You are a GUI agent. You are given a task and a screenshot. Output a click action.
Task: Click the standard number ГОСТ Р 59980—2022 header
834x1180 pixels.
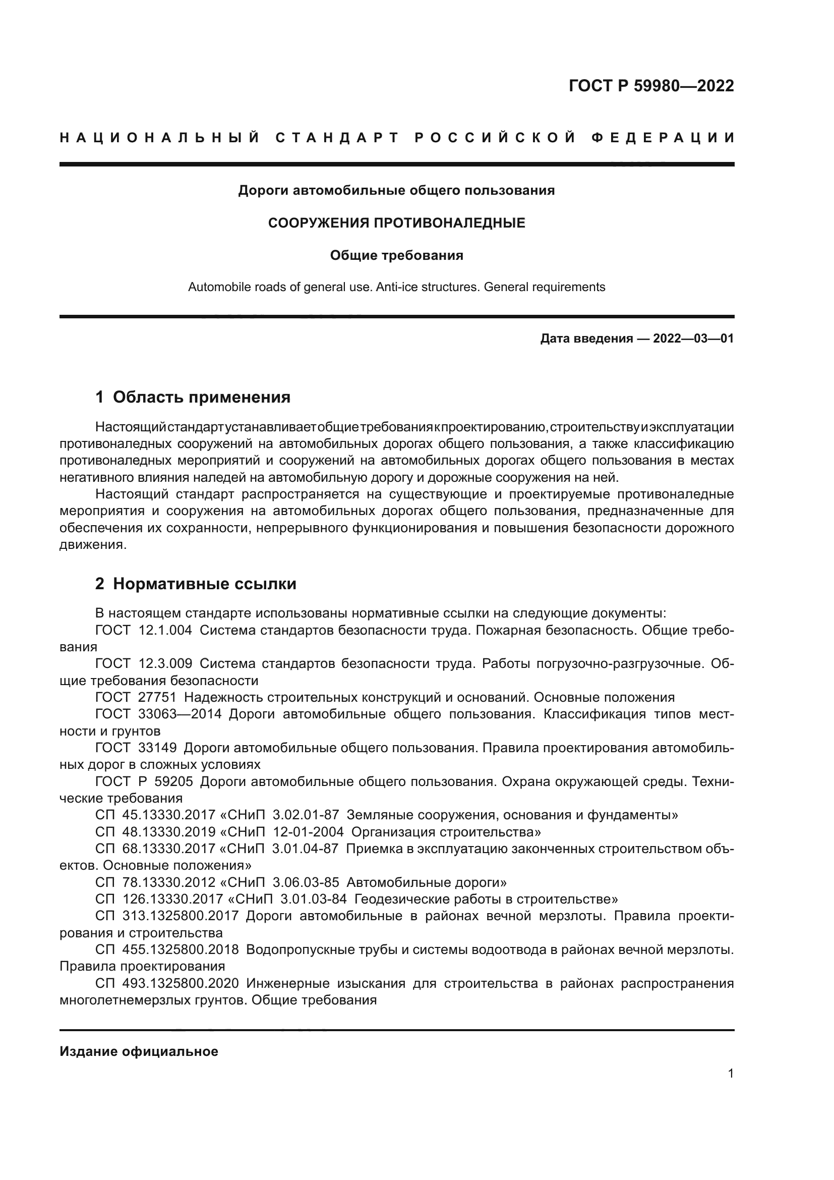tap(650, 86)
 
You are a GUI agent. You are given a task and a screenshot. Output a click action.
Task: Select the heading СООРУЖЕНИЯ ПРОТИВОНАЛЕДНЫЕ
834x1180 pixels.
tap(396, 223)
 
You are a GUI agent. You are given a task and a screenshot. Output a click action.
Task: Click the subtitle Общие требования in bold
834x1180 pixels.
tap(396, 255)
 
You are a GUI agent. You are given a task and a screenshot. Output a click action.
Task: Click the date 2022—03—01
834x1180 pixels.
tap(693, 339)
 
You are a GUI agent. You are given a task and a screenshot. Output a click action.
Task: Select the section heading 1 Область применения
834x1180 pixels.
tap(193, 397)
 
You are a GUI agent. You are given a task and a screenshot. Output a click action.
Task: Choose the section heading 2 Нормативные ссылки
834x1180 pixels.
tap(196, 584)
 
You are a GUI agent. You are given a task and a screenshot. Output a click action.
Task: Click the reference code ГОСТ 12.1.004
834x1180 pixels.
tap(143, 631)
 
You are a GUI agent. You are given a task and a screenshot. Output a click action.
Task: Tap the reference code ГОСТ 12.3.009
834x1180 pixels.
tap(143, 664)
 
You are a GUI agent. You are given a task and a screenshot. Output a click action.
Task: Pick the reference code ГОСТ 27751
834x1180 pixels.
tap(136, 697)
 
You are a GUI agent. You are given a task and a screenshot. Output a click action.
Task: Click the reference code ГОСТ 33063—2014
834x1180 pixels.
tap(158, 714)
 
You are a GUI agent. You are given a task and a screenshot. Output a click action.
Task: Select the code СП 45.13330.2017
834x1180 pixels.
tap(155, 815)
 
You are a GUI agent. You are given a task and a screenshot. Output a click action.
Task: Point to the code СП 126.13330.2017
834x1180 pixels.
tap(159, 900)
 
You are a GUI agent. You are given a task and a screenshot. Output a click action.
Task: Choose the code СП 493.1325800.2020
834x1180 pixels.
tap(166, 984)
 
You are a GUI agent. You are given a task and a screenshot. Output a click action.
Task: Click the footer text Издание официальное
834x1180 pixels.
tap(139, 1051)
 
